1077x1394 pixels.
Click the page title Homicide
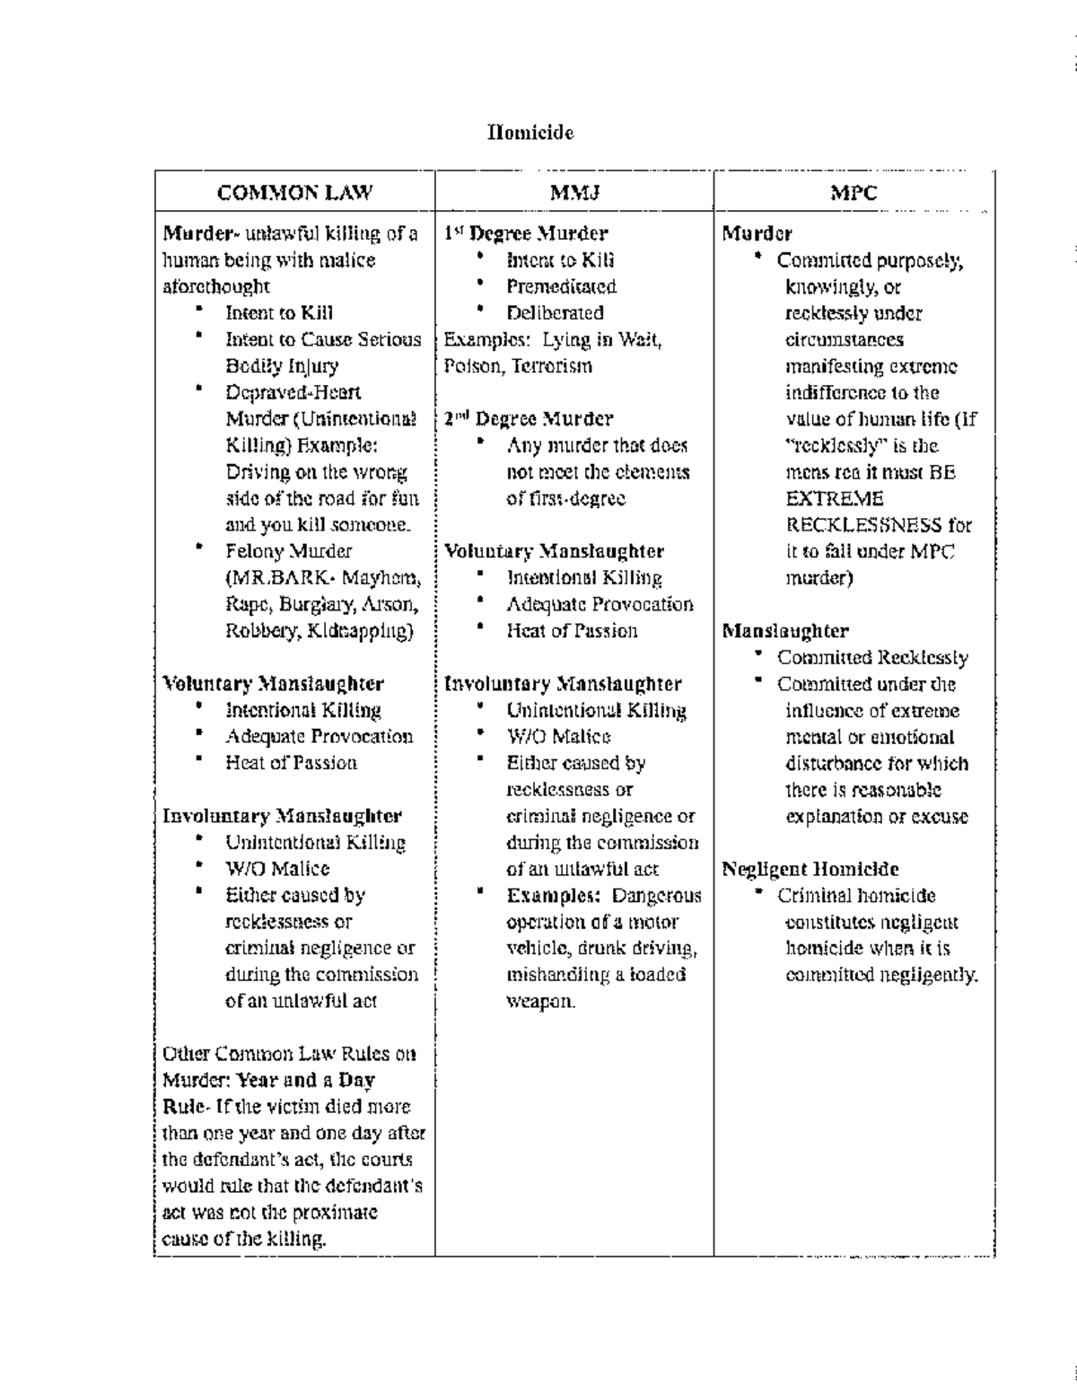pyautogui.click(x=530, y=133)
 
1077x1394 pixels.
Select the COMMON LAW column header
pyautogui.click(x=294, y=192)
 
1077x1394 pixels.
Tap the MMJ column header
pyautogui.click(x=574, y=192)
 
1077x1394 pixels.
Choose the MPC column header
pyautogui.click(x=854, y=192)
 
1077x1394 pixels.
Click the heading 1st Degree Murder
pyautogui.click(x=527, y=233)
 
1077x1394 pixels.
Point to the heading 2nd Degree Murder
pyautogui.click(x=530, y=419)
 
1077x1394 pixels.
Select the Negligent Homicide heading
pyautogui.click(x=810, y=869)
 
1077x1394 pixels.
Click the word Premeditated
pyautogui.click(x=561, y=287)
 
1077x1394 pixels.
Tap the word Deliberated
pyautogui.click(x=555, y=313)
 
